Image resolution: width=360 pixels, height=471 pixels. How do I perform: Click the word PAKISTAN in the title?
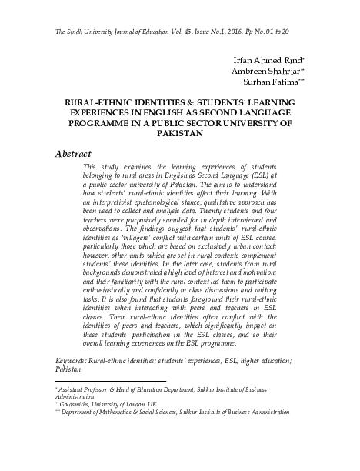tap(179, 132)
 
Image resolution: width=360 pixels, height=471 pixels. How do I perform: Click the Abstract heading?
tap(74, 153)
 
